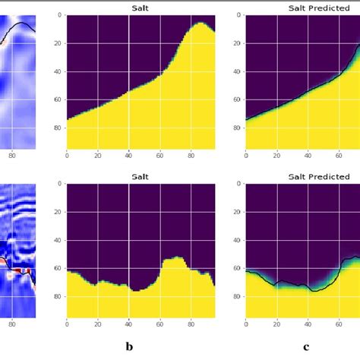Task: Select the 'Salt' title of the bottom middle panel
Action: [141, 177]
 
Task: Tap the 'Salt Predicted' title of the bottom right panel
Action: [319, 177]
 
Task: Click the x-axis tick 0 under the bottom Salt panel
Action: [68, 326]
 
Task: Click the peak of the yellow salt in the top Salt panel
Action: [201, 24]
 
